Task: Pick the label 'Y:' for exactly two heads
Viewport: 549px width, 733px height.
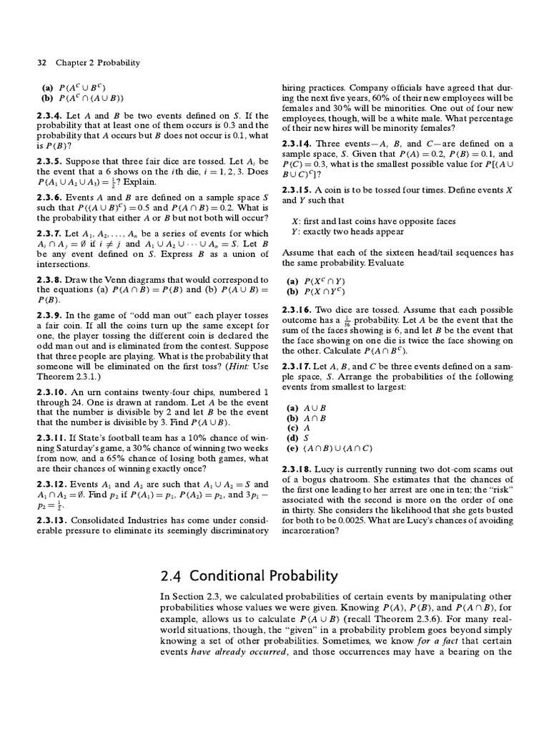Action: click(295, 232)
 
